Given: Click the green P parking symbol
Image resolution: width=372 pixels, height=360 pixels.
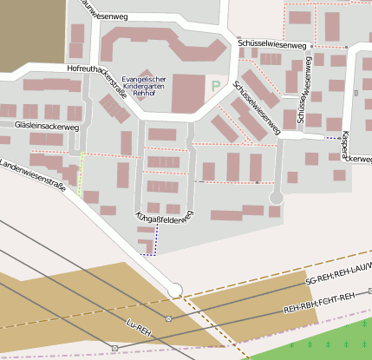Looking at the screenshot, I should click(x=215, y=87).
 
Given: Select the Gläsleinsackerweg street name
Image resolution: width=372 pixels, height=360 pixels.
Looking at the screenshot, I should click(x=47, y=127).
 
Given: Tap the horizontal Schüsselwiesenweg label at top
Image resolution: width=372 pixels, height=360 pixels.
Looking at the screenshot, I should click(x=271, y=44).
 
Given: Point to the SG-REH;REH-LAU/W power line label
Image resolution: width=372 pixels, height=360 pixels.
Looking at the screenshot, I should click(x=338, y=274).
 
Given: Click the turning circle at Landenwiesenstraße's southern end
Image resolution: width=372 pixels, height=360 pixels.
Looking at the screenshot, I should click(x=175, y=290).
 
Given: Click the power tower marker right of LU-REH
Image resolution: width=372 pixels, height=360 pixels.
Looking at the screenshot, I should click(x=168, y=319).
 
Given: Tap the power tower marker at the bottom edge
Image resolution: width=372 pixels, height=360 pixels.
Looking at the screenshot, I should click(x=114, y=348).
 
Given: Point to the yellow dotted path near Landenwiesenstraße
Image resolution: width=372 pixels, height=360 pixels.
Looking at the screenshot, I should click(x=82, y=173).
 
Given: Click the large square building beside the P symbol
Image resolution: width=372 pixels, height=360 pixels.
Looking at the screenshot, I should click(x=186, y=93).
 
